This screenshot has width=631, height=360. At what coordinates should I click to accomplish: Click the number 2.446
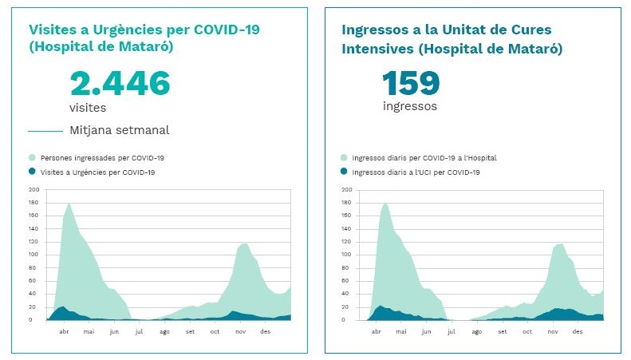[x=120, y=84]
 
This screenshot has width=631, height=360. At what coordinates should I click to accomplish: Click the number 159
[x=410, y=84]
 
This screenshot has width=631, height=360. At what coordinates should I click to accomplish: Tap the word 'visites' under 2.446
[x=87, y=107]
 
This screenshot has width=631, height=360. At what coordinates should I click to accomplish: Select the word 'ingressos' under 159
[x=409, y=105]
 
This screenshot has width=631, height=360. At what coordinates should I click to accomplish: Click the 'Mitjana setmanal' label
[x=119, y=130]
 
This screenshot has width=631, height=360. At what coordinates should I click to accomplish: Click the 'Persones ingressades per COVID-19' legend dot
[x=32, y=158]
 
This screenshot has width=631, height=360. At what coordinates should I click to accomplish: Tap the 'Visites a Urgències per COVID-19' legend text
[x=97, y=172]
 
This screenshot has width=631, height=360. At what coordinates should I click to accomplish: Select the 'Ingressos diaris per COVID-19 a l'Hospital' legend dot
[x=345, y=158]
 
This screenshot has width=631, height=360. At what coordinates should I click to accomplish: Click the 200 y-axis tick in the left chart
[x=33, y=190]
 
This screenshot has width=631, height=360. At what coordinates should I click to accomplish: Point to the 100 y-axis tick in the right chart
[x=346, y=255]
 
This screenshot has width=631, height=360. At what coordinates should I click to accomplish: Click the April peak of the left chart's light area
[x=69, y=204]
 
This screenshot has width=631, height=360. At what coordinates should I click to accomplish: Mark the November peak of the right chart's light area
[x=559, y=244]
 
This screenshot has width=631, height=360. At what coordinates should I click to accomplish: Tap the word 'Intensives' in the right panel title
[x=378, y=49]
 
